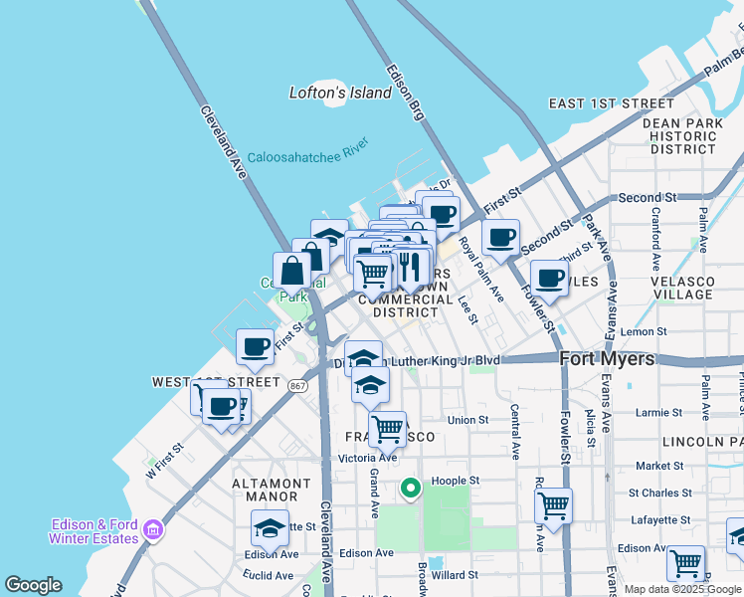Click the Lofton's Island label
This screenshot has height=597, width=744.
tap(340, 93)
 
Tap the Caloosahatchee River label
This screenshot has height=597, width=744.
tap(307, 155)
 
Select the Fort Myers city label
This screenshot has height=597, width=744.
tap(607, 359)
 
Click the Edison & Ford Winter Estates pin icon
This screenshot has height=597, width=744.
tap(152, 530)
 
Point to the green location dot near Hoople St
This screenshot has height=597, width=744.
tap(409, 489)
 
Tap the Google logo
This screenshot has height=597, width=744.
tap(33, 586)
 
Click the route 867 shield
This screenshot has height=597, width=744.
tap(298, 385)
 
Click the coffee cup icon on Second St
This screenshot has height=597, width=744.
tap(500, 237)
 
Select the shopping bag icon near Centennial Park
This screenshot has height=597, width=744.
tap(292, 271)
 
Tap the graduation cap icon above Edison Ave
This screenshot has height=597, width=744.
tap(269, 527)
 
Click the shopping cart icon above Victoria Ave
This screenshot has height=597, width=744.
tap(387, 430)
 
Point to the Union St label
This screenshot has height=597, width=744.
tap(467, 420)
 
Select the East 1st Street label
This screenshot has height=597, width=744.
tap(611, 103)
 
